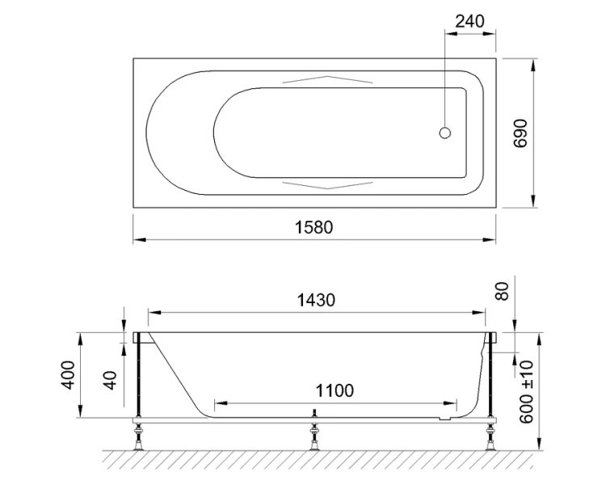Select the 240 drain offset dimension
pos(470,21)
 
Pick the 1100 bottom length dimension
pos(334,390)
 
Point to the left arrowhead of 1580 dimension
pos(138,240)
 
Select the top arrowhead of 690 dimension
pos(533,64)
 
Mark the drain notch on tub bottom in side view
pos(441,418)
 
